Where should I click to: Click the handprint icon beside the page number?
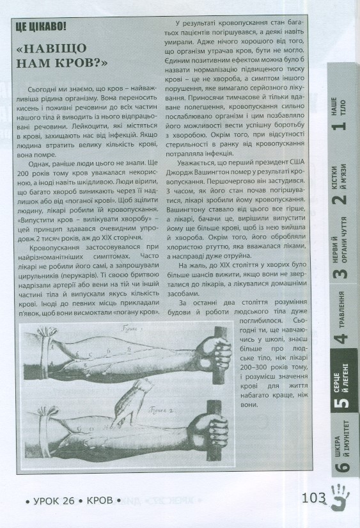(339, 497)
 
